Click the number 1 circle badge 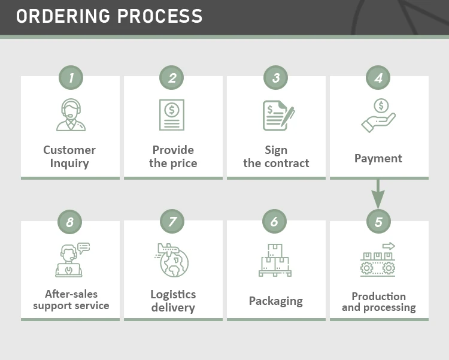[71, 77]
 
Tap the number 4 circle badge [378, 77]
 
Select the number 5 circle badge [378, 222]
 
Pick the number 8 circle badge [70, 222]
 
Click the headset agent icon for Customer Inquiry [71, 114]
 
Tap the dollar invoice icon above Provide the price [172, 114]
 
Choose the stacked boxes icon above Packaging [275, 260]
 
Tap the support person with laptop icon [71, 260]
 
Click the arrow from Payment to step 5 [378, 193]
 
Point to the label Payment [378, 158]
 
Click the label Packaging [276, 301]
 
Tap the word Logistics [173, 294]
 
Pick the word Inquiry [69, 163]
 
